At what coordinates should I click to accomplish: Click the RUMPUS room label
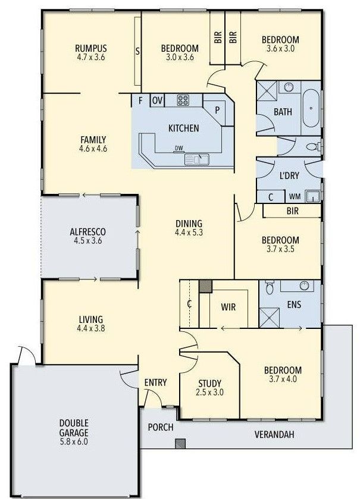coord(90,48)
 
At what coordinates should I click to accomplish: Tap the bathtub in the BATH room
coord(311,108)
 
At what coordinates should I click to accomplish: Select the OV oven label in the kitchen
coord(158,101)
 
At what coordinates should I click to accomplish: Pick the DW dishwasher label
coord(179,149)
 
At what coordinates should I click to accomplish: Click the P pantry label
coord(217,110)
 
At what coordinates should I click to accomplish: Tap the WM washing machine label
coord(294,196)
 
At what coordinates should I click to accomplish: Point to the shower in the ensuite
coord(270,315)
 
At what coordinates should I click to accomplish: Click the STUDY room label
coord(209,383)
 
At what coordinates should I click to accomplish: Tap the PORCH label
coord(161,427)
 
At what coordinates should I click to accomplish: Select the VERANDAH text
coord(274,434)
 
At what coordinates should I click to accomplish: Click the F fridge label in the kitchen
coord(140,101)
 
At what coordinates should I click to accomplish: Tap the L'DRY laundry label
coord(289,175)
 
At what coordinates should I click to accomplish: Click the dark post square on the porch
coord(180,443)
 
